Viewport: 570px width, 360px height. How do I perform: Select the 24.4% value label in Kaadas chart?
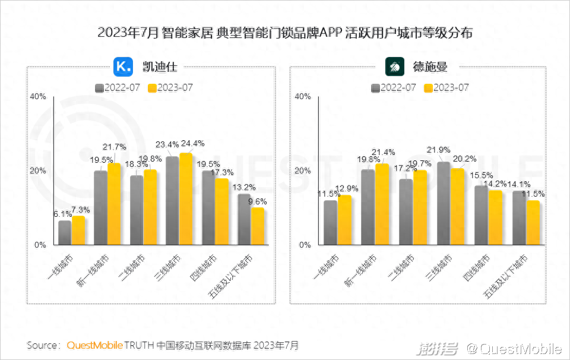tap(192, 144)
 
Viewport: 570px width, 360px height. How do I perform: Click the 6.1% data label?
tap(63, 214)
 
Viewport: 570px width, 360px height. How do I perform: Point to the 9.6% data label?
tap(257, 201)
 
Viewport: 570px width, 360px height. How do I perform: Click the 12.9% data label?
tap(347, 188)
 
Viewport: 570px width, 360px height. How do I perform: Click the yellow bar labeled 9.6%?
tap(257, 226)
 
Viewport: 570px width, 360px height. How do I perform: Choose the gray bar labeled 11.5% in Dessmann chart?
tap(330, 223)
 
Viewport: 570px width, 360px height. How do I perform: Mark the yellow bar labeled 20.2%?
tap(457, 207)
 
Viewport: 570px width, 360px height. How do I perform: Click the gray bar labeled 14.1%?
tap(519, 218)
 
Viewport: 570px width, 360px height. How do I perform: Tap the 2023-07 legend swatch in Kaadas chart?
tap(152, 88)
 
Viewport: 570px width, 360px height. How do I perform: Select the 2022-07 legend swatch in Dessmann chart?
tap(375, 88)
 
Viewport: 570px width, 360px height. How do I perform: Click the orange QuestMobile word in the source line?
tap(95, 345)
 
